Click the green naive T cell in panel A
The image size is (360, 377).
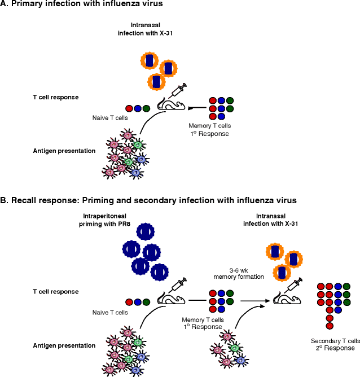pyautogui.click(x=147, y=108)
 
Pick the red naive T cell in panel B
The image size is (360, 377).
pyautogui.click(x=129, y=302)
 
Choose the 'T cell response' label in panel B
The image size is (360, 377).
pyautogui.click(x=55, y=292)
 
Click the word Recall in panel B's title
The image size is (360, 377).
pyautogui.click(x=27, y=200)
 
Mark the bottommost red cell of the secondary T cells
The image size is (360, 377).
pyautogui.click(x=329, y=326)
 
